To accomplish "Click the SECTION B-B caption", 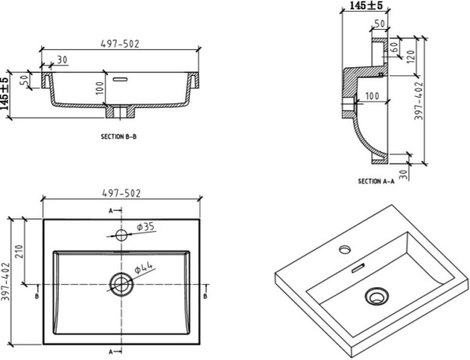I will click(120, 135).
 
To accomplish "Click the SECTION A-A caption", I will click(376, 181).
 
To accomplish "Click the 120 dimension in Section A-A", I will click(410, 56).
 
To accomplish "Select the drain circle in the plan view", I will click(121, 283).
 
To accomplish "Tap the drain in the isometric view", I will click(376, 296).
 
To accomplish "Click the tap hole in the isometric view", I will click(343, 251).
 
